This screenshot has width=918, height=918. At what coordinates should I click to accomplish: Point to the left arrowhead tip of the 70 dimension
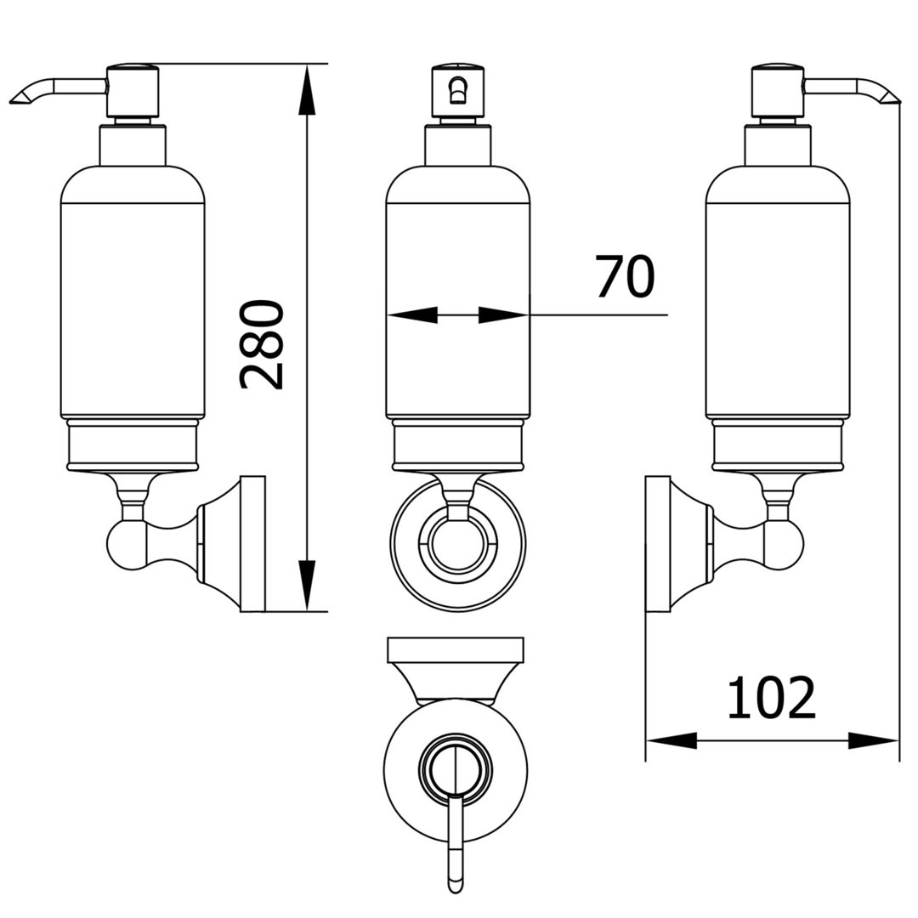click(387, 315)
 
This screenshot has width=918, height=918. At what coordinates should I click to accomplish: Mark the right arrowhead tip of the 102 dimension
click(898, 740)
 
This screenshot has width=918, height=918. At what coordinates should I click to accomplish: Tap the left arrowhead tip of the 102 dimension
click(646, 740)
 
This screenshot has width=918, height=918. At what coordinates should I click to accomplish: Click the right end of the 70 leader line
click(668, 315)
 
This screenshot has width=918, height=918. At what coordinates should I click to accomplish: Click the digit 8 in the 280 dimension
click(262, 344)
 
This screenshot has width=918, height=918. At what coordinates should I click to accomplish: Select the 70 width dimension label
click(626, 275)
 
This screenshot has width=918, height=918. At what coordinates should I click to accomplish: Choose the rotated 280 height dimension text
click(262, 344)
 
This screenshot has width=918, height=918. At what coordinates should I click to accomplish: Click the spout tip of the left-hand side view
click(13, 103)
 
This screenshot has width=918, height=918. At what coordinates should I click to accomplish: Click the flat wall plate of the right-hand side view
click(657, 544)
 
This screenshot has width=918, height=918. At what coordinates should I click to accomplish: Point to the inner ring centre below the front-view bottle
click(458, 543)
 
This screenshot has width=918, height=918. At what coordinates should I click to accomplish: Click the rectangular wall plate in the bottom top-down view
click(456, 650)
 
